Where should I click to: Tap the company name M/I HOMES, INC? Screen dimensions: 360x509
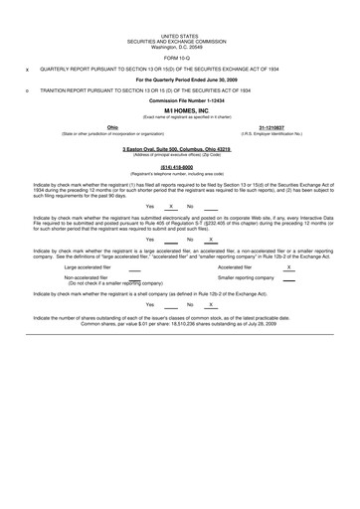point(179,112)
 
